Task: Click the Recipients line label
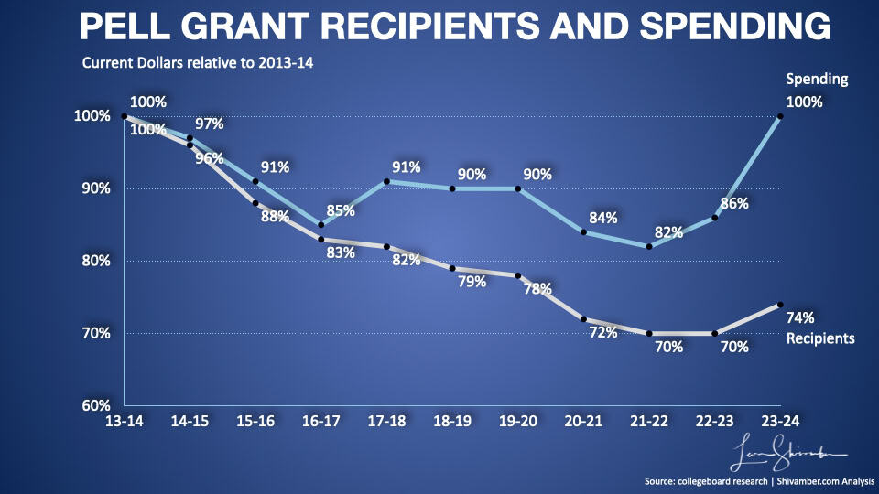pos(821,338)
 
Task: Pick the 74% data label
pos(800,317)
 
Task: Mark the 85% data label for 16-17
pos(341,209)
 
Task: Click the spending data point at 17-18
pos(386,181)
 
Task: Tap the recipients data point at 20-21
pos(583,319)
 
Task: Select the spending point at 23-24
pos(780,116)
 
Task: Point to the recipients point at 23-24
pos(780,305)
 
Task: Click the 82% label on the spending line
pos(669,232)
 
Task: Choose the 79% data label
pos(472,282)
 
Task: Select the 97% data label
pos(210,123)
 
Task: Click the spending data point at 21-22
pos(649,246)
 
